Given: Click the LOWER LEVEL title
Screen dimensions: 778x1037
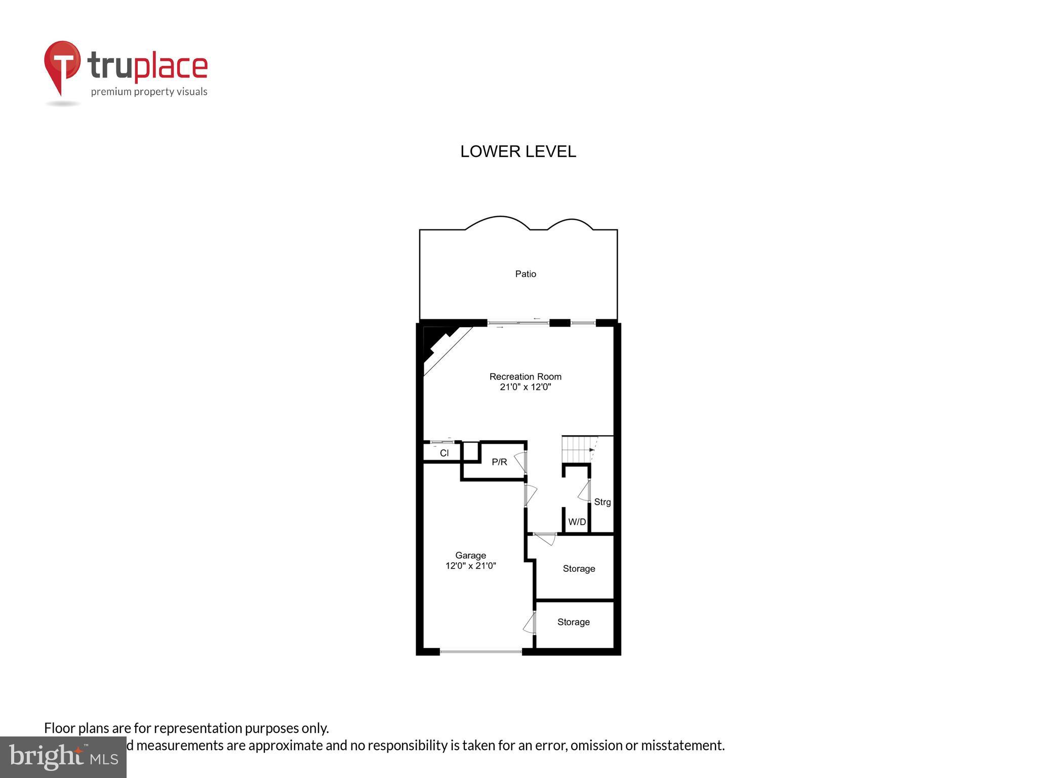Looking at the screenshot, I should (x=518, y=151).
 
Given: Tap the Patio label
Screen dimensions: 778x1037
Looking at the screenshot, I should (x=526, y=274).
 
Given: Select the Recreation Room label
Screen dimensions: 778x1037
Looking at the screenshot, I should (x=525, y=376).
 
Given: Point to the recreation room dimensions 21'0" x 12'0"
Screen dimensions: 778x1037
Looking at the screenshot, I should (x=525, y=387).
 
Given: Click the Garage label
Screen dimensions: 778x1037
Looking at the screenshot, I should (x=470, y=555).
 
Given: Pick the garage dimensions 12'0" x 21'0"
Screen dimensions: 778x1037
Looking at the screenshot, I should (x=470, y=566).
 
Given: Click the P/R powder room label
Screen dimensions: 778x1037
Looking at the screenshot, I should (x=499, y=462).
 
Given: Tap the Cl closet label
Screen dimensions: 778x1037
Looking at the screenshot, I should (x=444, y=453).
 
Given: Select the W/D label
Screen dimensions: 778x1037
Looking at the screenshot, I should (x=577, y=522).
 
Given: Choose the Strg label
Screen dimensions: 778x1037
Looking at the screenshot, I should (x=602, y=502).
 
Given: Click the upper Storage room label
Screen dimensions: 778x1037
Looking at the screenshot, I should (x=579, y=569).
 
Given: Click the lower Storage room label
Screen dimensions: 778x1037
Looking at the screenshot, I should (x=573, y=622).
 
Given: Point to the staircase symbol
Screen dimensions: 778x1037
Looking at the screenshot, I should (x=579, y=450).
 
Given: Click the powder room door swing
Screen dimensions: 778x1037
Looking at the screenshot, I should (x=521, y=462).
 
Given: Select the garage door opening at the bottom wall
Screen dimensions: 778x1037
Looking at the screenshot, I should (x=481, y=651).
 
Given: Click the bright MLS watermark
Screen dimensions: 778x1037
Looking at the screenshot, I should (x=63, y=757).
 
